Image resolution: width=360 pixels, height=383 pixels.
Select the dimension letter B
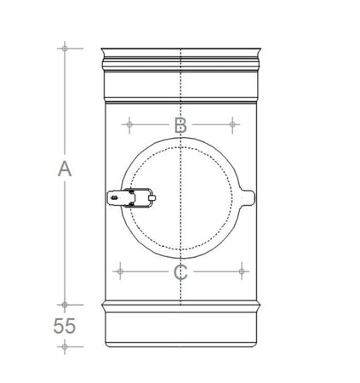180,125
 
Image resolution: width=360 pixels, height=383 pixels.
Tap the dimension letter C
180,272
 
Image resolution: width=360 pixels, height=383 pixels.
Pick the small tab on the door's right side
249,198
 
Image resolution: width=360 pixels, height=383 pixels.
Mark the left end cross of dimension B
129,125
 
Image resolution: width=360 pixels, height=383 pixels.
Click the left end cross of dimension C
119,272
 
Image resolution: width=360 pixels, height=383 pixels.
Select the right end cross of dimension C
244,272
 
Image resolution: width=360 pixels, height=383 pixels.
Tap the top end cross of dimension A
65,48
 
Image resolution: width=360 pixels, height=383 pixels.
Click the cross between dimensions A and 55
65,303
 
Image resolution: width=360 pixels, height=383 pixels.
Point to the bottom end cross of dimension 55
65,346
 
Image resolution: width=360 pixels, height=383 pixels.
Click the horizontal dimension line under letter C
213,272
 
